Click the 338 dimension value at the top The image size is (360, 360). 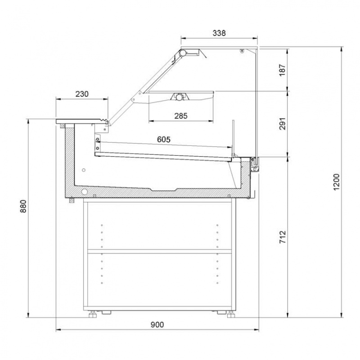coord(219,33)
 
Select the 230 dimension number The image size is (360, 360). coord(82,94)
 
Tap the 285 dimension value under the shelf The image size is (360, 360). coord(181,116)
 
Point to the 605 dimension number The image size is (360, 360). coord(164,139)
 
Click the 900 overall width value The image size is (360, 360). coord(157,324)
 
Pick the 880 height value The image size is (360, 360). coord(24,206)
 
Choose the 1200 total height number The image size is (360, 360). coord(336,182)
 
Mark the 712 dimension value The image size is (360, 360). coord(283,237)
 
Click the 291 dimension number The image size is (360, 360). coord(283,124)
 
